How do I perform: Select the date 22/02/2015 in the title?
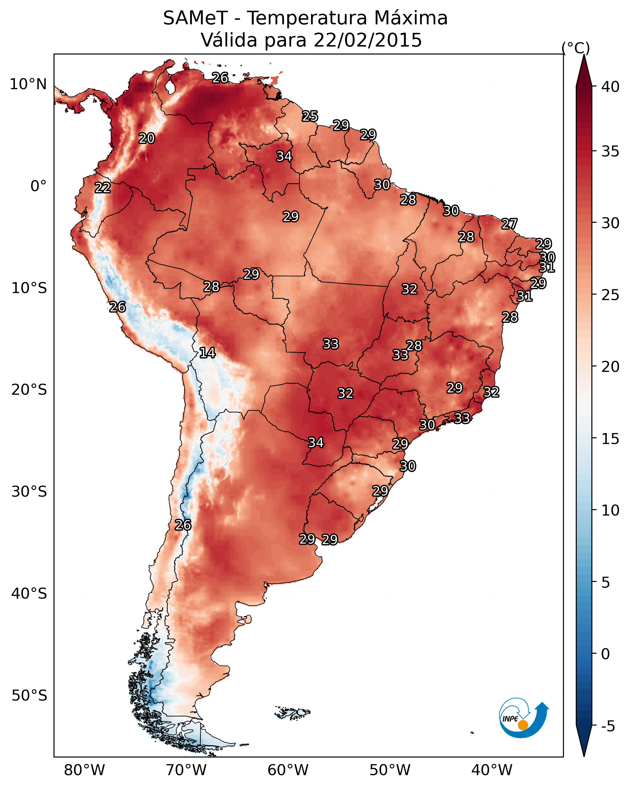(x=368, y=40)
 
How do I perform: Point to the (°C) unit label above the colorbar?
(x=576, y=48)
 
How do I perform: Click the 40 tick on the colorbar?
(x=610, y=87)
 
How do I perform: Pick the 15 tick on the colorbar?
(x=610, y=439)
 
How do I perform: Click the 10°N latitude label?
(x=28, y=84)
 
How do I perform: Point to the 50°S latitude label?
(x=29, y=696)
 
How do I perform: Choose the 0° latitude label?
(x=39, y=186)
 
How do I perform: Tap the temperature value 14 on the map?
(x=207, y=353)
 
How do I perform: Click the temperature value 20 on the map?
(x=147, y=138)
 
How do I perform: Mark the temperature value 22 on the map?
(x=103, y=188)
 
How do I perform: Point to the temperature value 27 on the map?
(x=509, y=224)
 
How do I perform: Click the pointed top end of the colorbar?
(x=584, y=55)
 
